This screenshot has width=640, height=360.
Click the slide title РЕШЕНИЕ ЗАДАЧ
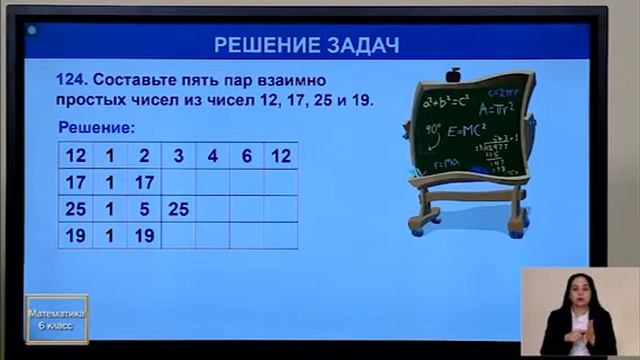307,45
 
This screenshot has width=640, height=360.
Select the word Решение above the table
96,128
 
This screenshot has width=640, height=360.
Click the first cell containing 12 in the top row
76,156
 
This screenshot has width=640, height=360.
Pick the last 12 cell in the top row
281,156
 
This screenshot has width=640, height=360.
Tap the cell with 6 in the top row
247,156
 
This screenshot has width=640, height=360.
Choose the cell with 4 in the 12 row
213,156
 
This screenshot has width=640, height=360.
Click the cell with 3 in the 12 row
179,156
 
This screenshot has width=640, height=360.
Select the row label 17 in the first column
76,183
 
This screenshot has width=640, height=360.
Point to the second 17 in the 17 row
144,183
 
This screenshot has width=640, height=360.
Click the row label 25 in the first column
76,210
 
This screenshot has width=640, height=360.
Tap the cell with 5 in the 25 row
144,210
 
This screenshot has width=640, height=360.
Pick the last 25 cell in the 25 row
179,210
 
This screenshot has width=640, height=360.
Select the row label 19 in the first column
76,237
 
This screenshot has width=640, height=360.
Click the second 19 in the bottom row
144,237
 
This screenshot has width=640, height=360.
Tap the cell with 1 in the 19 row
110,237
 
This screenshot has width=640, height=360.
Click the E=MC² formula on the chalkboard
465,130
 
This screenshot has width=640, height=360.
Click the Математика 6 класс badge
57,319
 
